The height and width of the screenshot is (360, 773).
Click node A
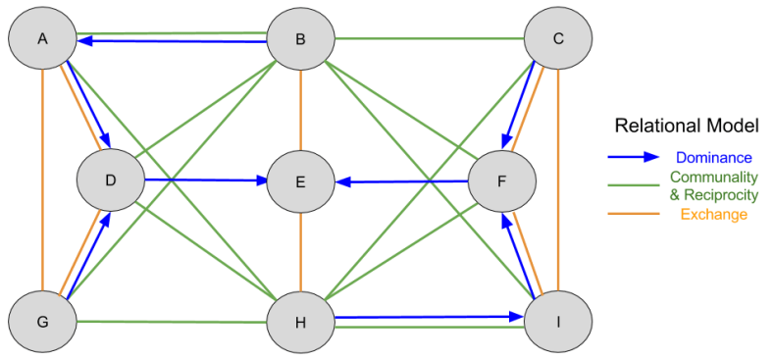[42, 38]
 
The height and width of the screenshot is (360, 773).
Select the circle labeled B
[301, 39]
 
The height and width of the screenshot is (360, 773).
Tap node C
[558, 39]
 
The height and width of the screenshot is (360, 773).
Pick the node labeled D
[111, 180]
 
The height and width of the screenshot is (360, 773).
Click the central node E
[301, 181]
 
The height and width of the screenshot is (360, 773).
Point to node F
[501, 181]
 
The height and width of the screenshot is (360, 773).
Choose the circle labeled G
[42, 322]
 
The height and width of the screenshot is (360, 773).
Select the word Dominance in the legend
[713, 157]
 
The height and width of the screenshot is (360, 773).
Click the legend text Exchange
[713, 214]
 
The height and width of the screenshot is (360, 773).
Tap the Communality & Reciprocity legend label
[713, 185]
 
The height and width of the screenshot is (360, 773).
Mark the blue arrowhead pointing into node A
[85, 41]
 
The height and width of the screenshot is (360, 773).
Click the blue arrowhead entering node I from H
[515, 317]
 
